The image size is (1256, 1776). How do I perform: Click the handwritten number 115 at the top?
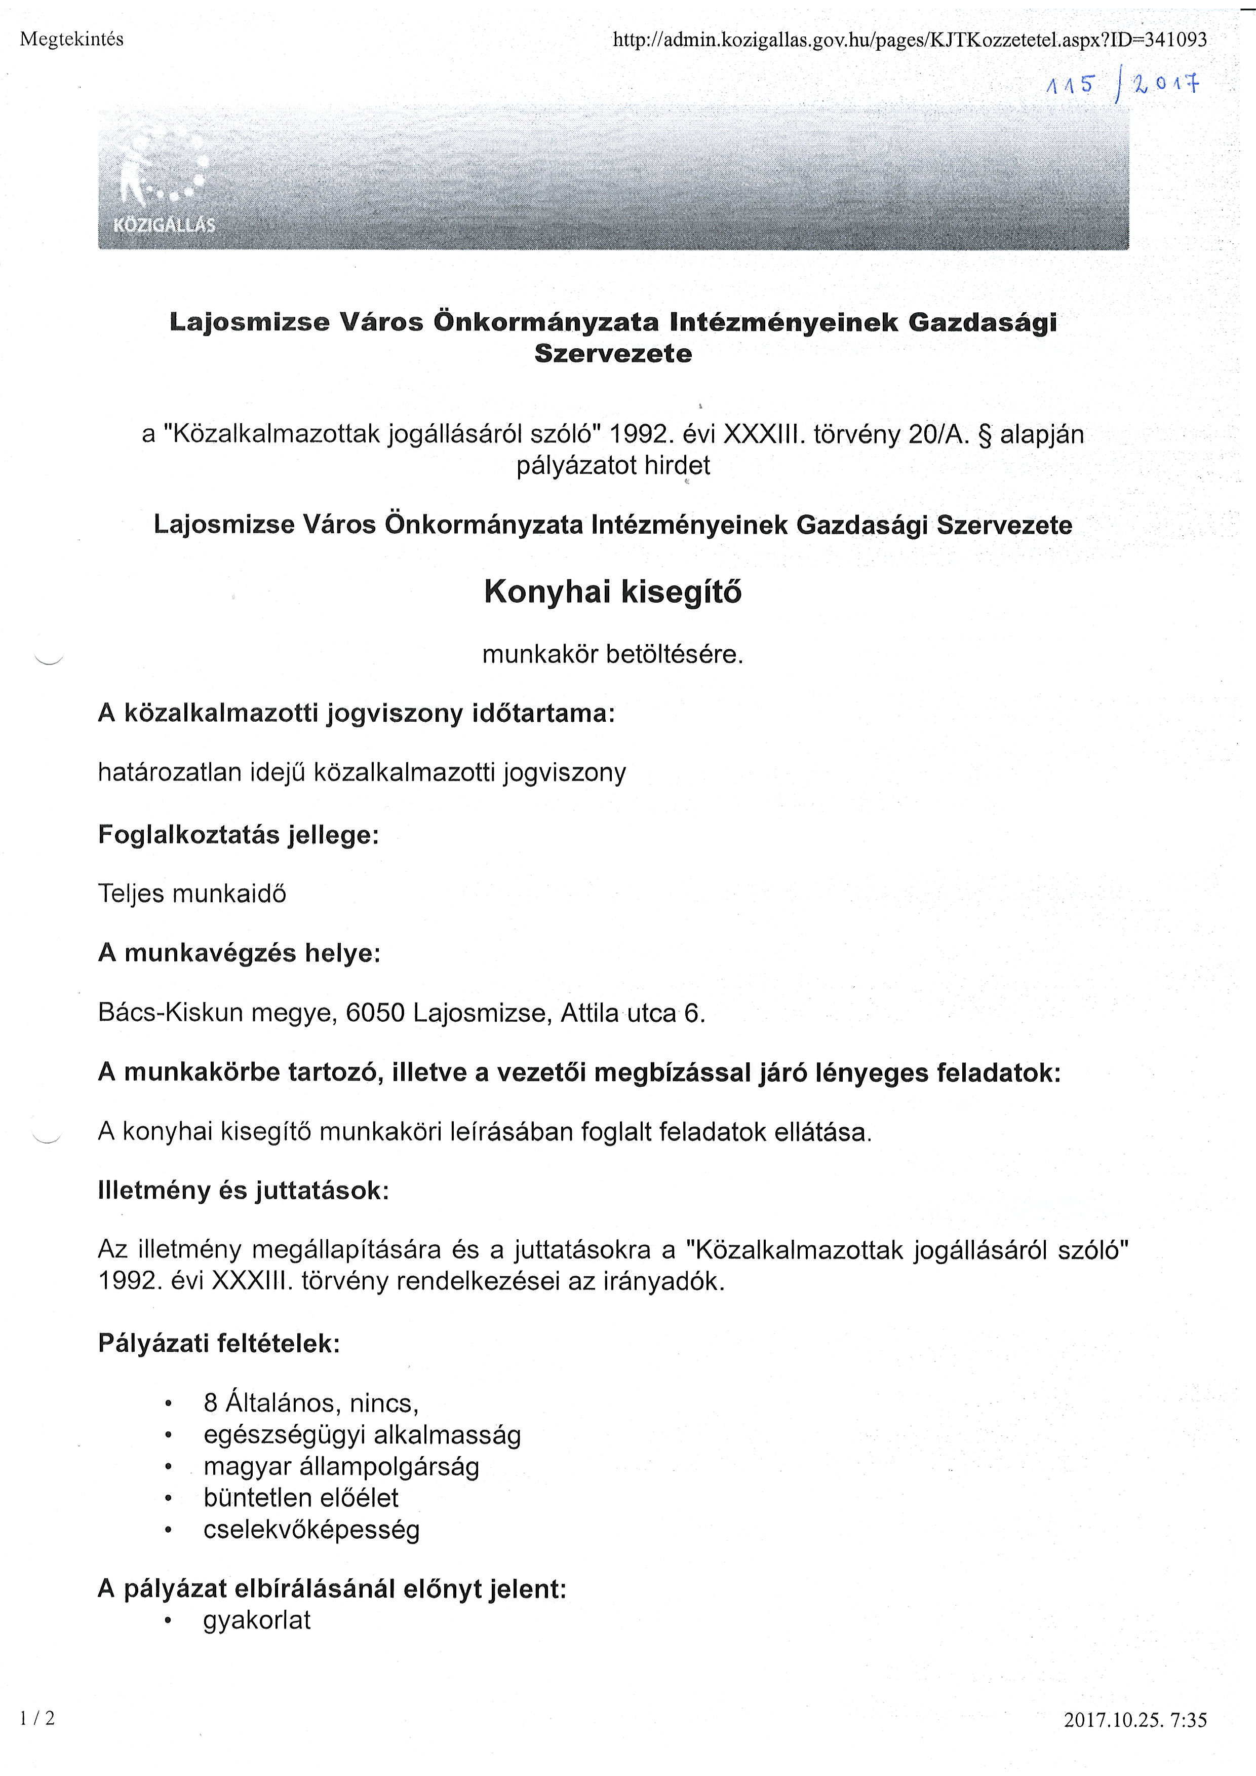coord(1070,86)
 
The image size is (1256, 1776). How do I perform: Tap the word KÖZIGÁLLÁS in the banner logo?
coord(164,225)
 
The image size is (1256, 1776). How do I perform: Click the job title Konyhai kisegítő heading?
coord(612,592)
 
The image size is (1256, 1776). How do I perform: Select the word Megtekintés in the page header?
coord(71,40)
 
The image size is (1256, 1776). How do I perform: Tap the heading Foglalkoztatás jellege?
coord(238,835)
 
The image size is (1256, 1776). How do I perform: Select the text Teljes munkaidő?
coord(192,894)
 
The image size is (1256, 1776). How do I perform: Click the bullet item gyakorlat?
coord(257,1620)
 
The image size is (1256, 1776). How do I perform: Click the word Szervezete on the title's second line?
coord(612,354)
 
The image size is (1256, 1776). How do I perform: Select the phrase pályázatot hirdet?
coord(612,466)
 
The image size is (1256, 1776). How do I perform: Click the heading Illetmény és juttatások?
coord(244,1190)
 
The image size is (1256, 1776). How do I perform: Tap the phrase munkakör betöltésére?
coord(612,655)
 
